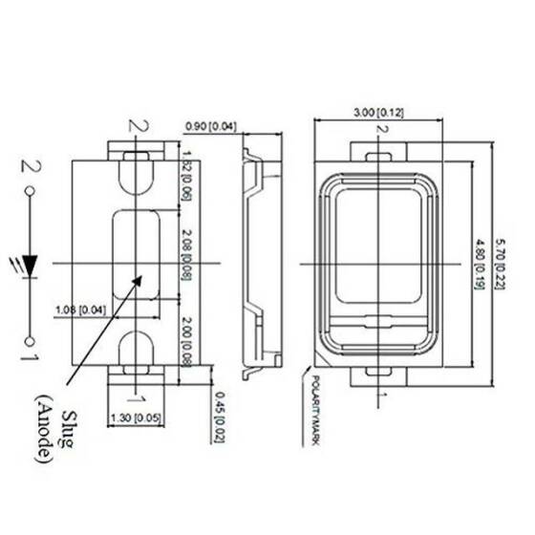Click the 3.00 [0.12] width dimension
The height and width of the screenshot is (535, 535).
[378, 114]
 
